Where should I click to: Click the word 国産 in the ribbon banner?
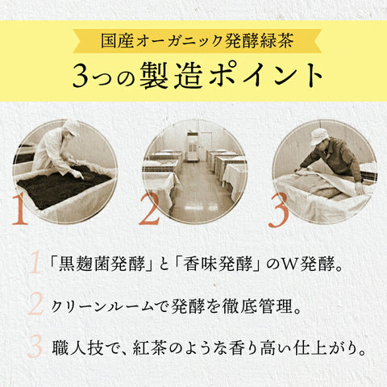click(118, 41)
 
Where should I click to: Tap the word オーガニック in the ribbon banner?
click(180, 41)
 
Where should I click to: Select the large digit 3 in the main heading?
click(81, 76)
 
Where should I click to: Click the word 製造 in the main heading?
click(172, 76)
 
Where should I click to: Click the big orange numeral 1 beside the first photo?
click(19, 209)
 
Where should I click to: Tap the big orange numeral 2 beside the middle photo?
click(149, 209)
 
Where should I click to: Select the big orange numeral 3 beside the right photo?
click(279, 210)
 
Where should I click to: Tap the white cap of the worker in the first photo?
click(71, 127)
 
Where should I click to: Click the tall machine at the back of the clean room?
click(193, 147)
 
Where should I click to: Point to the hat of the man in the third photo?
click(319, 135)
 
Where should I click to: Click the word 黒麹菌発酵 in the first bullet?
click(102, 264)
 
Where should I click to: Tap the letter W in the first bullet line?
click(289, 264)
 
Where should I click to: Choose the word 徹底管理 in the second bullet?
click(257, 306)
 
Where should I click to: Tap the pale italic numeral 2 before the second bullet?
click(35, 304)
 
